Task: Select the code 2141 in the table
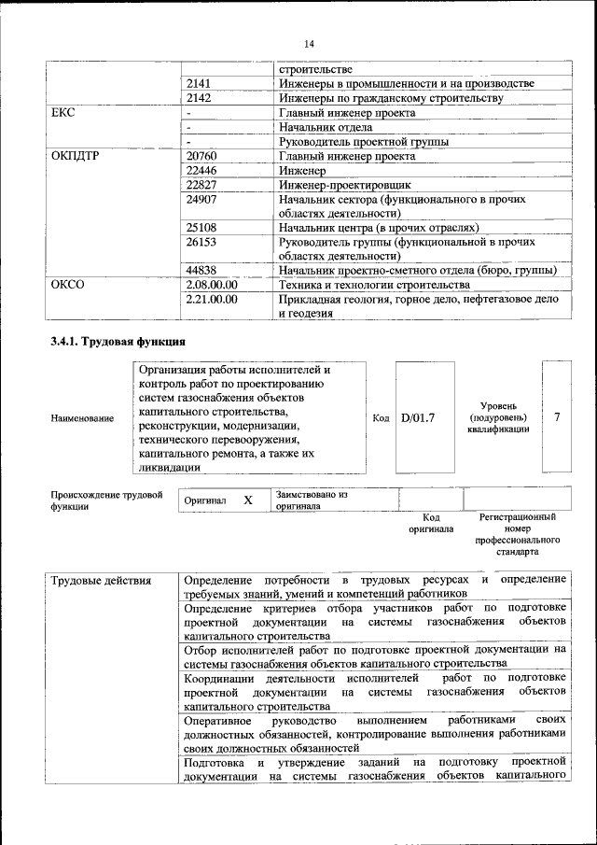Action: [x=199, y=84]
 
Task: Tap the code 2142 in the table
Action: [x=199, y=98]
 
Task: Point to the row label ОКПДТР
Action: [x=76, y=156]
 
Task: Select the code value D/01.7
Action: [x=418, y=418]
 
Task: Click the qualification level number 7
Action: [x=557, y=417]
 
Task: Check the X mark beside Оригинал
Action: [x=248, y=500]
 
